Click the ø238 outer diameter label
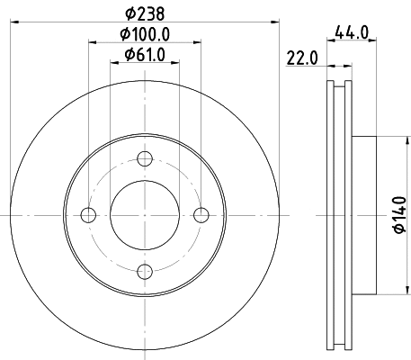click(x=144, y=14)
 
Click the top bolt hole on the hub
click(x=144, y=159)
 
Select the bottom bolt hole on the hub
click(x=144, y=270)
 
